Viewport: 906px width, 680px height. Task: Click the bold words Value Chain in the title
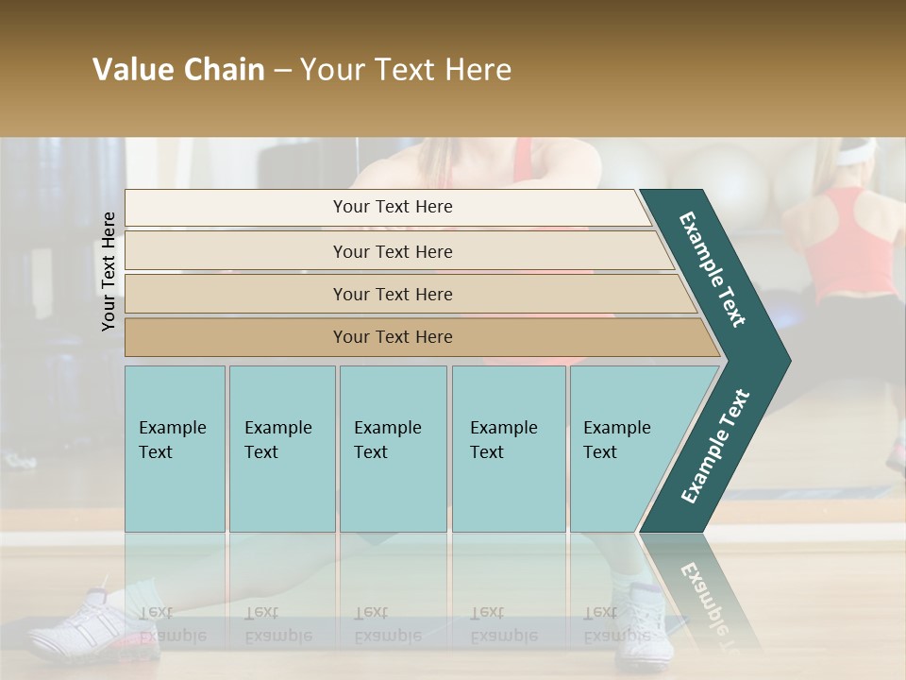click(x=178, y=70)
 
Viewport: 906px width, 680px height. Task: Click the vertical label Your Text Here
click(x=109, y=271)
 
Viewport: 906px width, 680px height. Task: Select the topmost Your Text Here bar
click(x=392, y=207)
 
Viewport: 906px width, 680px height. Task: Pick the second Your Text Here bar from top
click(x=392, y=251)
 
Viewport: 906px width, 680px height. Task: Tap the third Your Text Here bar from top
click(x=392, y=294)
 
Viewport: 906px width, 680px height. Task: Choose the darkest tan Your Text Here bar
click(x=392, y=337)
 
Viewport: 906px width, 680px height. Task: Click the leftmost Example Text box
click(x=175, y=449)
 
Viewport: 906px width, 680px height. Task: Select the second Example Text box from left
click(x=281, y=449)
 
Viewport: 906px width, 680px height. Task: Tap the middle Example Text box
click(x=393, y=449)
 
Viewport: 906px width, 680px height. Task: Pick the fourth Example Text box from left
click(x=508, y=449)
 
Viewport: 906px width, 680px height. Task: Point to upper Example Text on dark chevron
click(x=713, y=269)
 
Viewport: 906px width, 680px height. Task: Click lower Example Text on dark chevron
click(x=714, y=447)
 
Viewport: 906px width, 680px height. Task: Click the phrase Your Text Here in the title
click(x=406, y=70)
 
